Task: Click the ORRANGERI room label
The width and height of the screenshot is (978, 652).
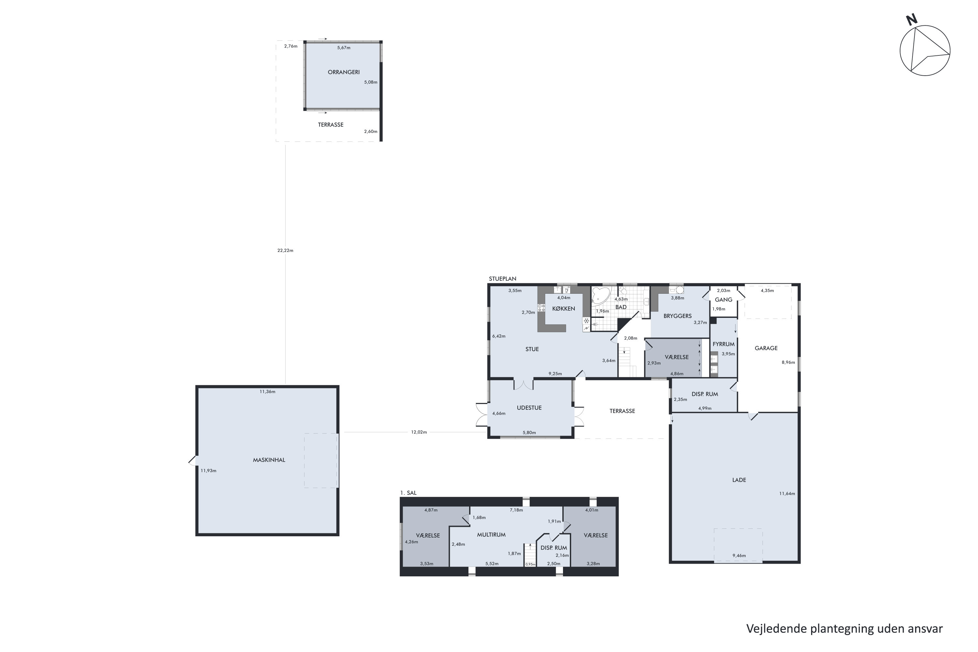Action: [x=344, y=72]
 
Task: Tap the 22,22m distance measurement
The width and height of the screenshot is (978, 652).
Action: [x=285, y=250]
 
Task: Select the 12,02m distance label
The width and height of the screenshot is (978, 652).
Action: [x=419, y=432]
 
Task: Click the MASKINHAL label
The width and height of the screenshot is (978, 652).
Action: [x=269, y=460]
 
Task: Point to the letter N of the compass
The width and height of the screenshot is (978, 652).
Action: [x=911, y=20]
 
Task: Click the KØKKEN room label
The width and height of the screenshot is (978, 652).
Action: [x=563, y=308]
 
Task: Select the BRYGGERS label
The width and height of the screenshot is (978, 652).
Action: [x=677, y=316]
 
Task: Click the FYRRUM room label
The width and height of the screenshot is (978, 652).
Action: [x=723, y=344]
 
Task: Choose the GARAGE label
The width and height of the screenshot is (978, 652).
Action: [x=766, y=348]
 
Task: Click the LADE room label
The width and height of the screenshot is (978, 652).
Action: [x=739, y=480]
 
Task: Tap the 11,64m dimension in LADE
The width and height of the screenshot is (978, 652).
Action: [x=787, y=494]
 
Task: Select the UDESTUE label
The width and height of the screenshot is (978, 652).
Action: [x=529, y=408]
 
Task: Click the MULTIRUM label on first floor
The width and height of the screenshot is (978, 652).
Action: [x=491, y=535]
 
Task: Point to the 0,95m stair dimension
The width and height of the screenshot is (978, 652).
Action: [x=530, y=564]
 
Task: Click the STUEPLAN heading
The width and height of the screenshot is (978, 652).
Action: [x=502, y=279]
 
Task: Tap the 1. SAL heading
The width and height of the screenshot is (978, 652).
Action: [x=408, y=493]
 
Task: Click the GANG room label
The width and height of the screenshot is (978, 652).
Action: [x=723, y=299]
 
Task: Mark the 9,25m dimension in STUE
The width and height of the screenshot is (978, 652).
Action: [x=555, y=373]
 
